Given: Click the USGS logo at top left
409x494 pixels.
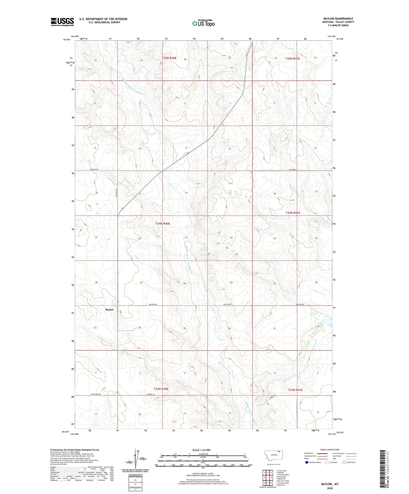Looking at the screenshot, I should pyautogui.click(x=62, y=22).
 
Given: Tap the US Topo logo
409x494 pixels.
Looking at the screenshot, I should pyautogui.click(x=203, y=23).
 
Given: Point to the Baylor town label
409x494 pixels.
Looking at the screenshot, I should pyautogui.click(x=110, y=310).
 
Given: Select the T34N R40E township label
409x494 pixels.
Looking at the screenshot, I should pyautogui.click(x=162, y=224).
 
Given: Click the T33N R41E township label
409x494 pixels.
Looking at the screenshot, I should pyautogui.click(x=295, y=390).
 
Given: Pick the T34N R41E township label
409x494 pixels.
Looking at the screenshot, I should pyautogui.click(x=293, y=213).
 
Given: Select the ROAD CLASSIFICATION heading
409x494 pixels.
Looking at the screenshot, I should pyautogui.click(x=329, y=450).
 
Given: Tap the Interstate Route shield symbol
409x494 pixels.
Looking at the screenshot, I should pyautogui.click(x=307, y=462).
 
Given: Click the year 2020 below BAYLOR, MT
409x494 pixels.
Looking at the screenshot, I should pyautogui.click(x=329, y=488).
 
